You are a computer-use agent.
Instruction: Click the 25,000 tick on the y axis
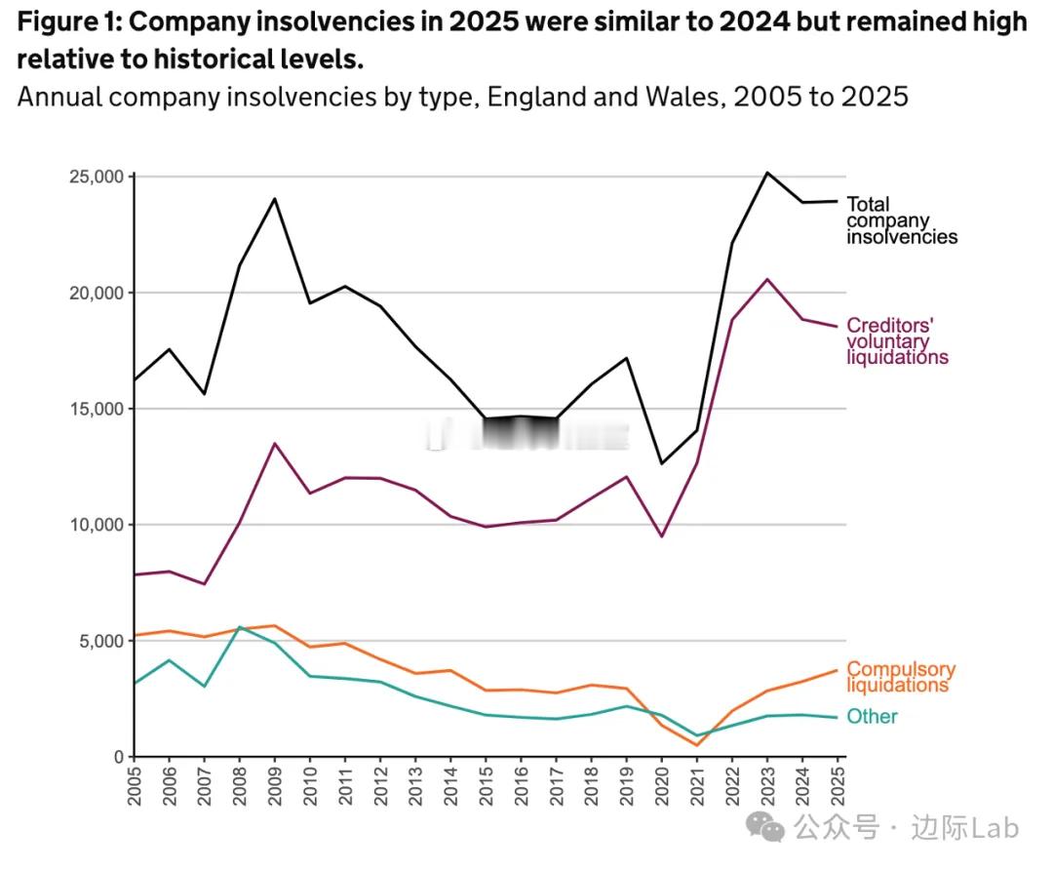click(95, 177)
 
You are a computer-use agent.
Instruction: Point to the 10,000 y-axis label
click(95, 525)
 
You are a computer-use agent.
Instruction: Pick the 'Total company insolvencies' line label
click(900, 220)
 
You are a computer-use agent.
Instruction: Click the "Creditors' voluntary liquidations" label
click(896, 341)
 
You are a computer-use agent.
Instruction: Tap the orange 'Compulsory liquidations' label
click(900, 677)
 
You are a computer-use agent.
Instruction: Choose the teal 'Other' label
click(871, 717)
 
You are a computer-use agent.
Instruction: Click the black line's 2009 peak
click(275, 199)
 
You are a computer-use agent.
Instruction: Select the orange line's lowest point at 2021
click(698, 745)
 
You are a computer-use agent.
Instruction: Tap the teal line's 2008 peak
click(240, 627)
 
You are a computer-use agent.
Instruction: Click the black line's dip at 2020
click(663, 463)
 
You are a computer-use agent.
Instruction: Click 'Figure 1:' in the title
click(71, 21)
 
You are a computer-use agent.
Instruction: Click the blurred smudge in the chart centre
click(526, 435)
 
